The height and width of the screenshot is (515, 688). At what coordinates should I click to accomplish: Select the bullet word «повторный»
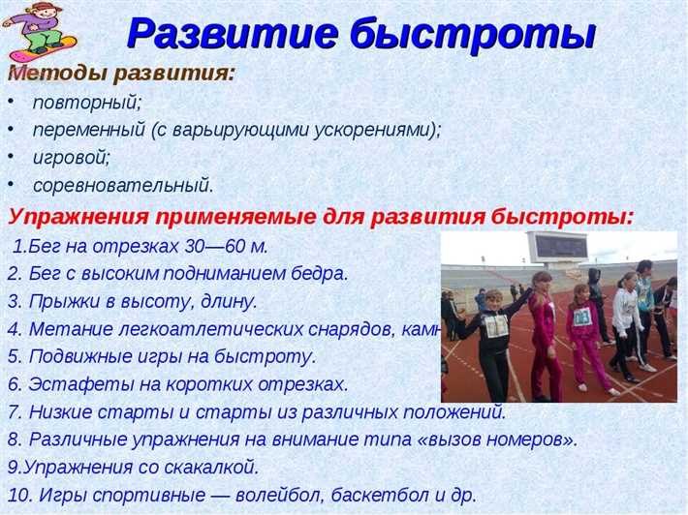74,103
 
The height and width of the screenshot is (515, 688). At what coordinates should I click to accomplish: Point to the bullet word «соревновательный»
123,183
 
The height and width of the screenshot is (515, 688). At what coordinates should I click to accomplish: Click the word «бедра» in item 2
320,273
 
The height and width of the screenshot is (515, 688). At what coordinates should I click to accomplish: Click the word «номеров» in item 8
526,439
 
